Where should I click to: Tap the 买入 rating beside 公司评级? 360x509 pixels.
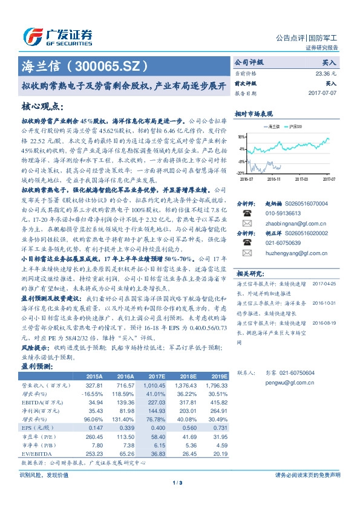[329, 62]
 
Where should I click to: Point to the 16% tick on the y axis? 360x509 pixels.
[241, 137]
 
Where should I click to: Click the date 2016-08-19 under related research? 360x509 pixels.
[324, 323]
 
